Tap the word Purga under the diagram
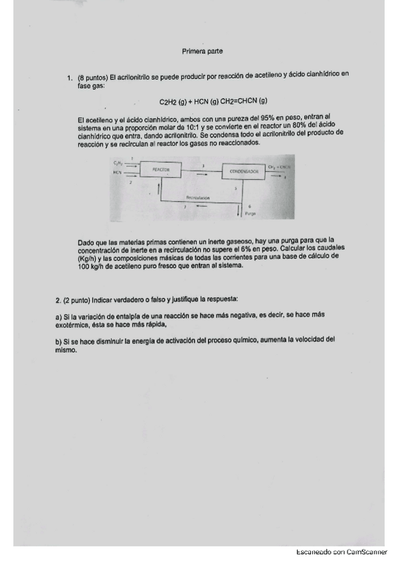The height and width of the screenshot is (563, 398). point(250,214)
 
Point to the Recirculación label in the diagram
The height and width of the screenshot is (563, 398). point(198,198)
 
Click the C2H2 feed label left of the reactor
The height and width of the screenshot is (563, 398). point(118,163)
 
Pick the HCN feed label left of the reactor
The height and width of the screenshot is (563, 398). point(118,172)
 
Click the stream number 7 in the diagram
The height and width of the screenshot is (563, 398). point(185,206)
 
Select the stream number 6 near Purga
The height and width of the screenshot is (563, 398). point(249,206)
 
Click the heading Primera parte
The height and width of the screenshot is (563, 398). point(202,51)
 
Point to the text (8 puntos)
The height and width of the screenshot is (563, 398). point(92,78)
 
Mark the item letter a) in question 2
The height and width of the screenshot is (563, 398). point(59,317)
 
